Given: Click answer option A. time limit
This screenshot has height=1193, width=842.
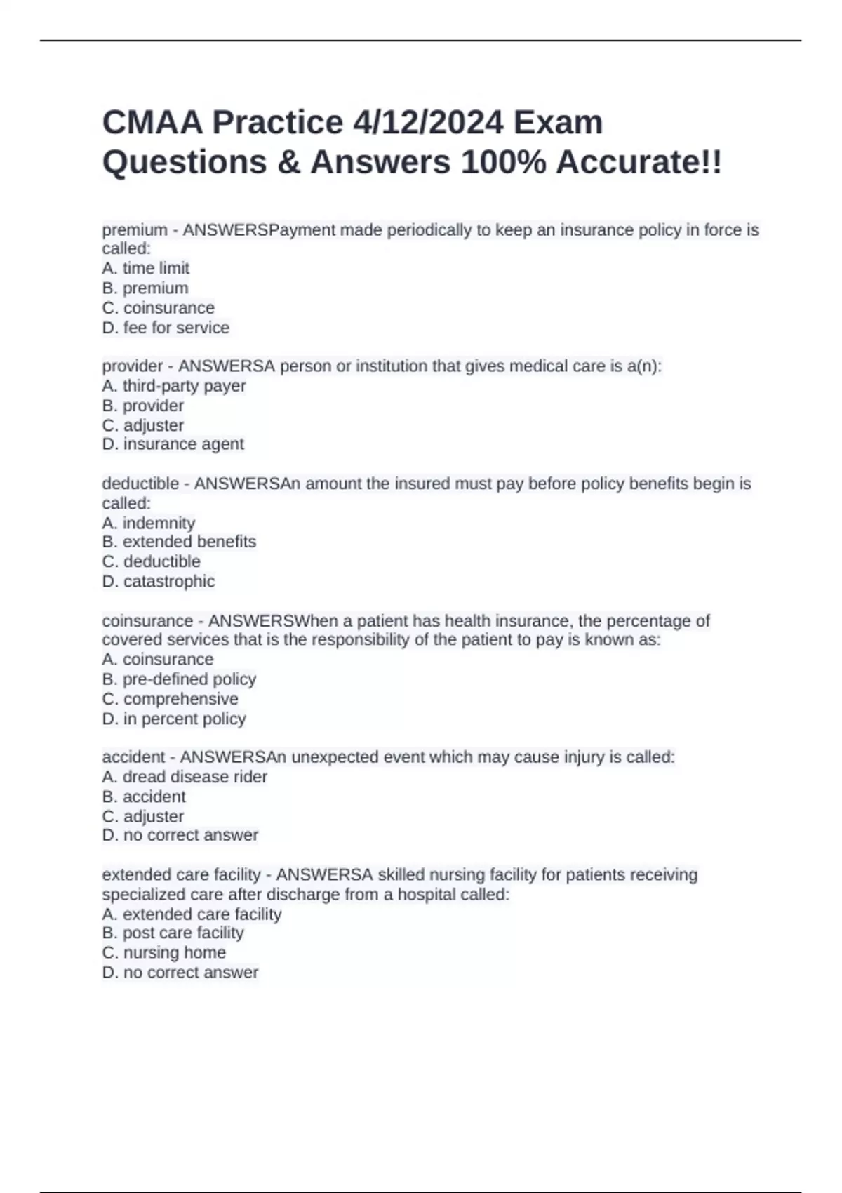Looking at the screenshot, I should pyautogui.click(x=146, y=268).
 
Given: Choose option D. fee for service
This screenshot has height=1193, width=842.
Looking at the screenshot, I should pyautogui.click(x=166, y=328).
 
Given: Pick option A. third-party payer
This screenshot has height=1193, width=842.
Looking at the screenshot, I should pyautogui.click(x=174, y=386).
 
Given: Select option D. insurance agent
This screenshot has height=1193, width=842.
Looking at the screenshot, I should pyautogui.click(x=173, y=444).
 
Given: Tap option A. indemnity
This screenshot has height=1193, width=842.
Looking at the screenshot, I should pyautogui.click(x=149, y=523).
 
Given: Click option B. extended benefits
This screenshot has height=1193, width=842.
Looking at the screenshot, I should pyautogui.click(x=179, y=542).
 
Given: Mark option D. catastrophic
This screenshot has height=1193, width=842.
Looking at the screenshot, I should pyautogui.click(x=159, y=581).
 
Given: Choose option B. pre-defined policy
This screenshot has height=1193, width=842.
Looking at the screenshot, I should pyautogui.click(x=179, y=679).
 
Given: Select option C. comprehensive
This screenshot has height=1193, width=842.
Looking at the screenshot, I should pyautogui.click(x=171, y=699).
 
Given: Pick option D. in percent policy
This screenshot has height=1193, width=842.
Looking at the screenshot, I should pyautogui.click(x=174, y=719).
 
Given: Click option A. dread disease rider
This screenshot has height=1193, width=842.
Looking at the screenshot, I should pyautogui.click(x=185, y=777).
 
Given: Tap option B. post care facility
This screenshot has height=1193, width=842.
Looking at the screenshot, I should pyautogui.click(x=173, y=933).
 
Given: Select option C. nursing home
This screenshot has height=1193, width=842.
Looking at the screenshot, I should pyautogui.click(x=164, y=952).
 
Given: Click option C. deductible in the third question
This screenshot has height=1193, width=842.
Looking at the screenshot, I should pyautogui.click(x=152, y=561).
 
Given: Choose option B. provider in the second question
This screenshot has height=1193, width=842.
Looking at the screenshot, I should pyautogui.click(x=143, y=406).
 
